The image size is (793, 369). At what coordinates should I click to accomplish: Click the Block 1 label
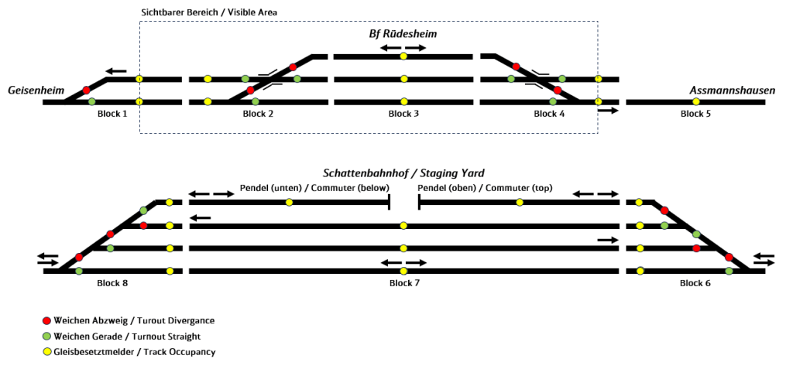tap(112, 114)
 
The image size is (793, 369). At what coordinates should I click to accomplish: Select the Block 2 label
tap(258, 114)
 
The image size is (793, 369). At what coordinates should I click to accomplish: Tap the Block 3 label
tap(403, 114)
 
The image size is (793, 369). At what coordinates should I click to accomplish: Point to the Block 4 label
tap(549, 114)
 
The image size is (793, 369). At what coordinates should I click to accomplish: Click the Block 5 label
tap(695, 114)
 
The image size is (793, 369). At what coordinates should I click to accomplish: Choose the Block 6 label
tap(695, 282)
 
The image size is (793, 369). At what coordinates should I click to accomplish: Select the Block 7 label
tap(404, 282)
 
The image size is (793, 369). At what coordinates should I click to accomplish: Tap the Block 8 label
tap(112, 282)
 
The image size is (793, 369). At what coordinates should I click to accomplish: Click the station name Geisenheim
tap(35, 91)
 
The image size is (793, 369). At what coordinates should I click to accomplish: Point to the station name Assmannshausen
tap(732, 91)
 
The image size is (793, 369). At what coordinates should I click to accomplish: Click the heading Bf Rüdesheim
tap(403, 35)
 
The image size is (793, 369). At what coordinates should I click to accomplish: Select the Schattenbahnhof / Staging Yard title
tap(403, 173)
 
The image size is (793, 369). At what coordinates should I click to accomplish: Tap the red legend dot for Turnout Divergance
tap(46, 320)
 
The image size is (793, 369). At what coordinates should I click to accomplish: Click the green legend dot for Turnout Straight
tap(46, 336)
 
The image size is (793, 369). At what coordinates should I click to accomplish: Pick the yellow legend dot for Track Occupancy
tap(46, 352)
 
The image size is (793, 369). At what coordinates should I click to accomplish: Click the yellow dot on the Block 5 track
tap(695, 101)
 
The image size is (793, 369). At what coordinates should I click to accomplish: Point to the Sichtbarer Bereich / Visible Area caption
tap(209, 13)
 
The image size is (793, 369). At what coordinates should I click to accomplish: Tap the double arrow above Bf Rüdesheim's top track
tap(403, 48)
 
